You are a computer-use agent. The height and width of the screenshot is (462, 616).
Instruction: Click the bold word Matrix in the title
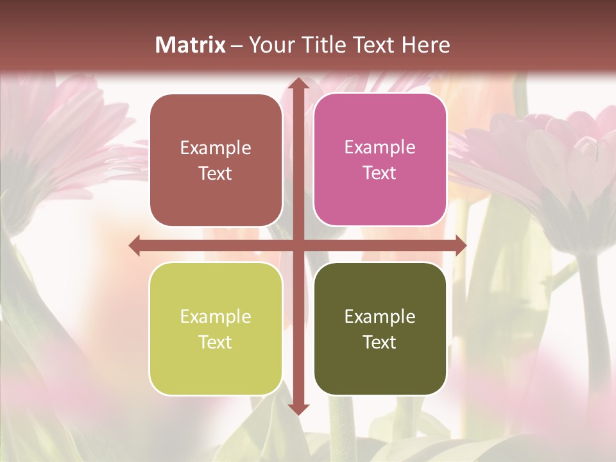pyautogui.click(x=191, y=45)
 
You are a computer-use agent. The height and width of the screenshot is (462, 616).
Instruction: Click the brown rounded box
pyautogui.click(x=216, y=160)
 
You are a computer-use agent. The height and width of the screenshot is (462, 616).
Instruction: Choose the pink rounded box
pyautogui.click(x=380, y=160)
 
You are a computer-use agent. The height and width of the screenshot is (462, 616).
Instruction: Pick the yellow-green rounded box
pyautogui.click(x=216, y=329)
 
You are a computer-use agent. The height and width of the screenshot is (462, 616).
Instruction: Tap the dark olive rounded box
pyautogui.click(x=380, y=329)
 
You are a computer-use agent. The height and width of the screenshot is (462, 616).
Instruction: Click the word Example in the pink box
pyautogui.click(x=380, y=148)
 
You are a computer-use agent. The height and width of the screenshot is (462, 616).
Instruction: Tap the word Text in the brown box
pyautogui.click(x=216, y=174)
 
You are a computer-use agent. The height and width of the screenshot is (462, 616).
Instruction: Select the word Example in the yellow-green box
pyautogui.click(x=216, y=316)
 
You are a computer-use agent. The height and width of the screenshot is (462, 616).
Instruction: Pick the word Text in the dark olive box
pyautogui.click(x=380, y=342)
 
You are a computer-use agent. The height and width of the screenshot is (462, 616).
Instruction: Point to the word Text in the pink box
pyautogui.click(x=380, y=173)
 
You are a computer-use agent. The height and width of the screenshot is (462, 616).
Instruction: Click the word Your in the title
pyautogui.click(x=266, y=45)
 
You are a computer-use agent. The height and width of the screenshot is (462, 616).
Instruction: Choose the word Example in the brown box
pyautogui.click(x=216, y=148)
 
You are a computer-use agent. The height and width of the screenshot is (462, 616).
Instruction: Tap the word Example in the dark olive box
pyautogui.click(x=380, y=316)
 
